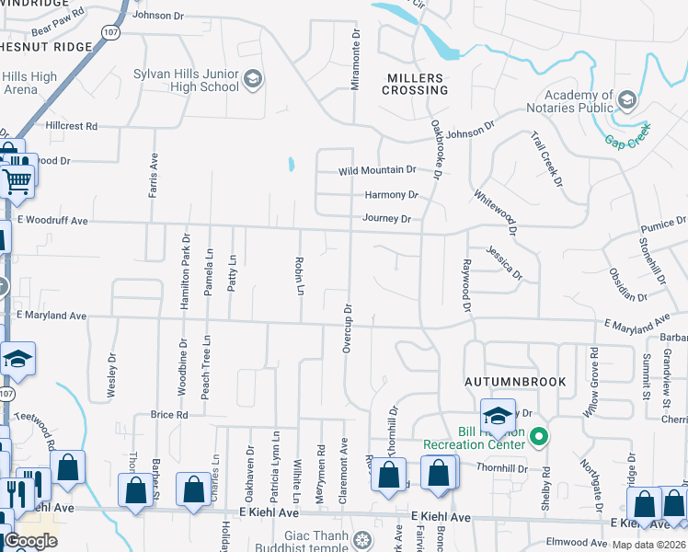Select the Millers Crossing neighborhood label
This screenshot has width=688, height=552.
click(x=415, y=84)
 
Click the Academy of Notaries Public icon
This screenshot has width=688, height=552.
click(x=626, y=99)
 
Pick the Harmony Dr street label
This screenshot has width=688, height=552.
click(x=391, y=195)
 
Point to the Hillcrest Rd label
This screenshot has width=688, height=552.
click(x=71, y=126)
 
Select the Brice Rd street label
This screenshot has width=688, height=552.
click(x=169, y=415)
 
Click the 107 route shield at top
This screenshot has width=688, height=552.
click(x=110, y=32)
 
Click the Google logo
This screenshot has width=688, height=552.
click(x=30, y=540)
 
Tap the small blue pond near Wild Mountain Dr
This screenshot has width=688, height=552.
click(x=291, y=165)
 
